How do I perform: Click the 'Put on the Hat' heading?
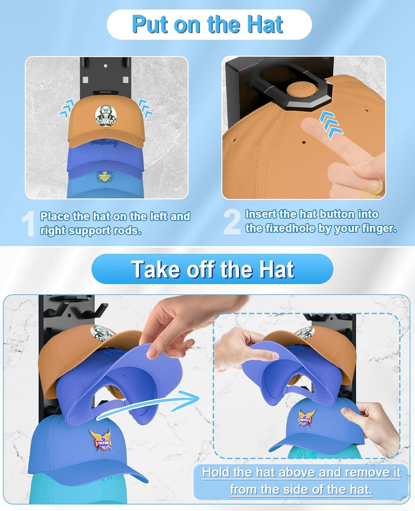pos(208,24)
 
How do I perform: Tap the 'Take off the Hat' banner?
pos(212,269)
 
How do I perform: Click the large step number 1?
pos(29,223)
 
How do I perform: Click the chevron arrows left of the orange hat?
pos(66,107)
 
